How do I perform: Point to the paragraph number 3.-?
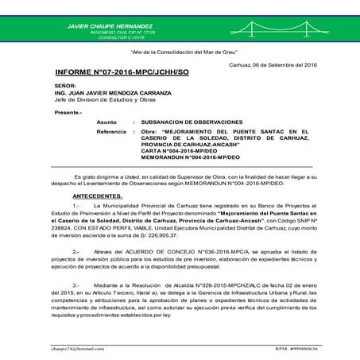pyautogui.click(x=76, y=283)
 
